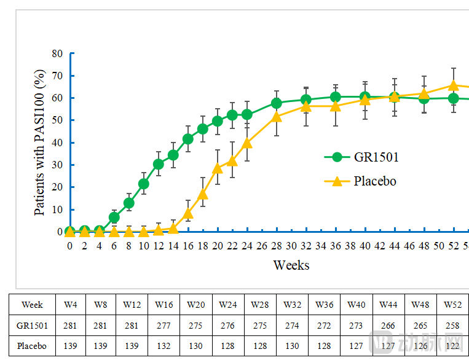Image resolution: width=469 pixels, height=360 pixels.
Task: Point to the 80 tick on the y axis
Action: (58, 53)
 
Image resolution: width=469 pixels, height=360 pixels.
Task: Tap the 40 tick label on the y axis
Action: (58, 143)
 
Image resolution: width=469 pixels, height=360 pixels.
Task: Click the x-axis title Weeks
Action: (291, 265)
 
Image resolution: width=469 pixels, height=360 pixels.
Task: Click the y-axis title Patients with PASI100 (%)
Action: (39, 143)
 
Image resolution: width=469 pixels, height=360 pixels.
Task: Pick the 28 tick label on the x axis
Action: (276, 245)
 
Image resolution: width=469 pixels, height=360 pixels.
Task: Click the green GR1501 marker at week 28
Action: (276, 103)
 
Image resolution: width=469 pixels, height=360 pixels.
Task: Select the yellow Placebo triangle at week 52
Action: (453, 85)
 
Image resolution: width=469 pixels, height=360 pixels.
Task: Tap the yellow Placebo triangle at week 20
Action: (217, 168)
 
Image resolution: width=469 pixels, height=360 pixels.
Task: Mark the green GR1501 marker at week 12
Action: (158, 164)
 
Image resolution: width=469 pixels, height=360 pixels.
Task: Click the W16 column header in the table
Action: (164, 304)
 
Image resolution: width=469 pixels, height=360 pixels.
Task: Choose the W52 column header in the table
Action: (452, 304)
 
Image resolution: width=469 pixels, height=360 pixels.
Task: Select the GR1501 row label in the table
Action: (32, 325)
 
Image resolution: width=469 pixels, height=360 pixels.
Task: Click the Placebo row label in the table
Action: (32, 346)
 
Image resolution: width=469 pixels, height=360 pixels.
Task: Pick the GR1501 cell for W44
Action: (388, 325)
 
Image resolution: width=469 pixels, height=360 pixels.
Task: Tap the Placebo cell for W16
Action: (164, 346)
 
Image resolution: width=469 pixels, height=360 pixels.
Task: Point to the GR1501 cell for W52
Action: (452, 325)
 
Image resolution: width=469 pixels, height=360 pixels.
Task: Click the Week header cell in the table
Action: (32, 304)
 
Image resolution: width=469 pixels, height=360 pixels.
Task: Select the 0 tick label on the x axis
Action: (69, 245)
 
